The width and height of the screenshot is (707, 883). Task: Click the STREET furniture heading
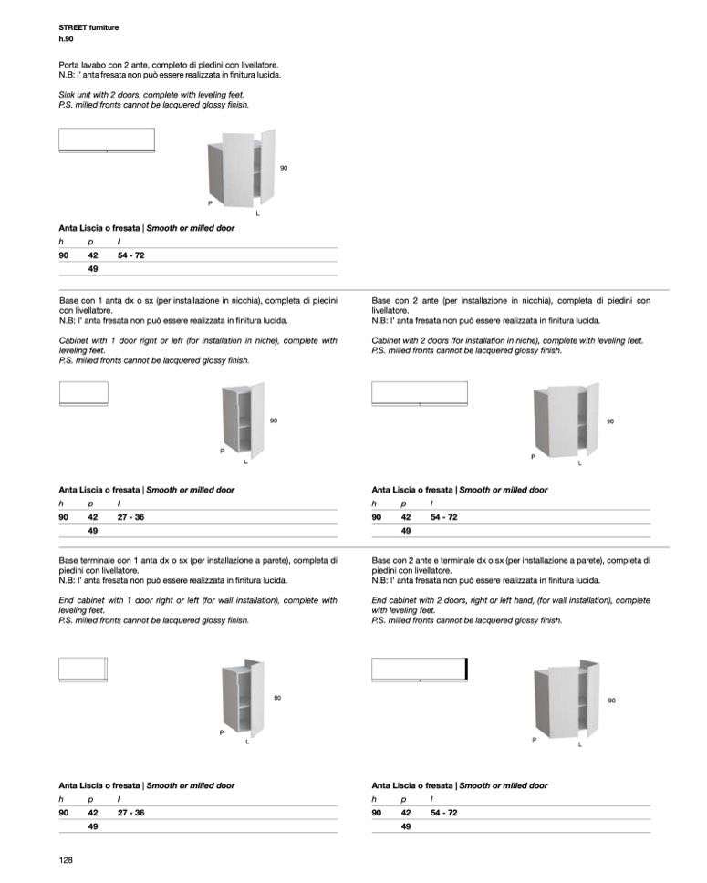tap(88, 28)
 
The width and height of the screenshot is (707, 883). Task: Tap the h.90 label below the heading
tap(67, 39)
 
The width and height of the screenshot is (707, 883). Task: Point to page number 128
tap(66, 860)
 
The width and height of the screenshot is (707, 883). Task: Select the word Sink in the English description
tap(68, 95)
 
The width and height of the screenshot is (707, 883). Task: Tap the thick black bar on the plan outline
tap(466, 669)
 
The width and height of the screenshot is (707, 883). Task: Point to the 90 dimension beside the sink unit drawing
tap(284, 168)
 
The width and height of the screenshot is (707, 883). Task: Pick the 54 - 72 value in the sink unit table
tap(130, 255)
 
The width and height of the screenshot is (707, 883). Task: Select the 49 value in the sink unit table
tap(93, 269)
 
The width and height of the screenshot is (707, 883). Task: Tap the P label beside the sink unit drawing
tap(211, 203)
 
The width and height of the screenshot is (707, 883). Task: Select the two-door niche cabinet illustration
tap(566, 420)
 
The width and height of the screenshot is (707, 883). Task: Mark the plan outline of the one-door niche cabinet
tap(83, 392)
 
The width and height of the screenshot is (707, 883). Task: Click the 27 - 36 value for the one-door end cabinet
tap(130, 812)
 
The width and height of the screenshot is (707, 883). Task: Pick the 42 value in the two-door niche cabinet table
tap(406, 517)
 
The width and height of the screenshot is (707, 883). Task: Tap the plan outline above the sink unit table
tap(107, 140)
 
